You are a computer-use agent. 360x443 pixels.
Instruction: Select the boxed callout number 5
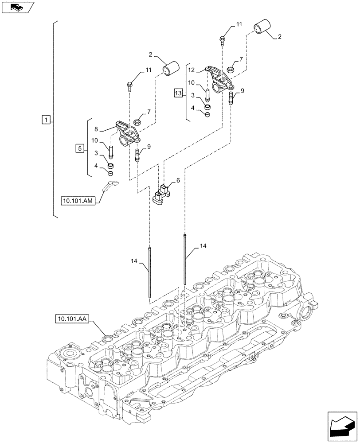click(79, 148)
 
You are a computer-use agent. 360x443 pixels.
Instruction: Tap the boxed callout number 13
click(178, 93)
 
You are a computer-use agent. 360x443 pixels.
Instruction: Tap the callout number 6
click(178, 181)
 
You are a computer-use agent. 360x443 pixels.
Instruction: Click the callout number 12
click(191, 70)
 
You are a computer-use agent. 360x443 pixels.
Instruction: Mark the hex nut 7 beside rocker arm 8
click(137, 122)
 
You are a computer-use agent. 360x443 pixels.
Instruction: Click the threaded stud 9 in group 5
click(137, 156)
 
